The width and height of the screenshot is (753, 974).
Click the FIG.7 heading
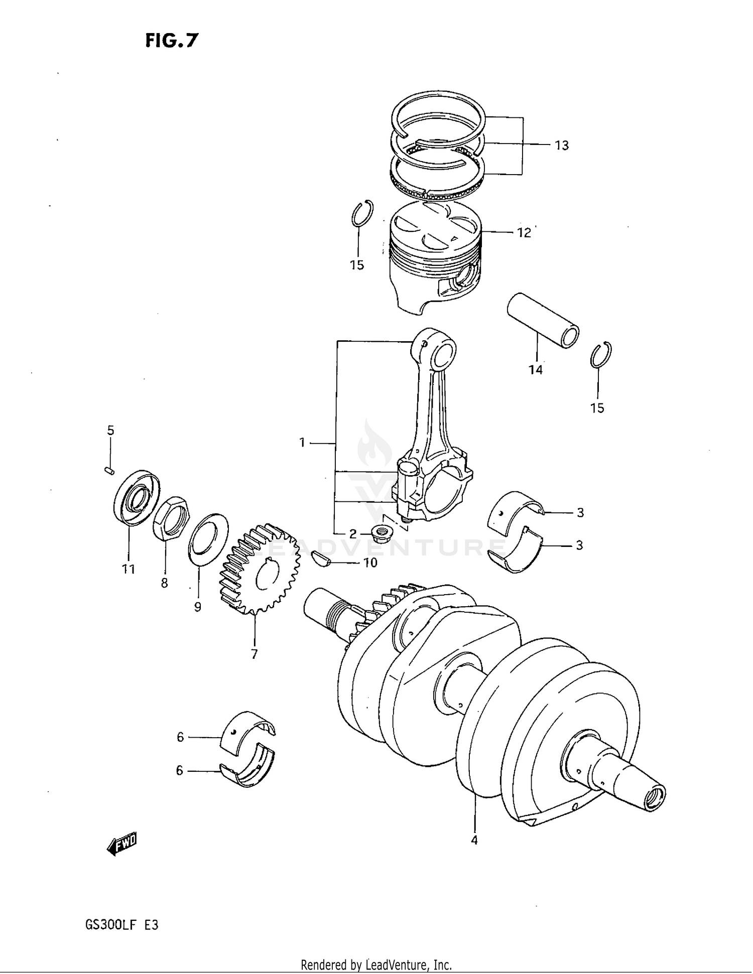coord(172,40)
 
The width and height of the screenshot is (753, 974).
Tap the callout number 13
coord(561,146)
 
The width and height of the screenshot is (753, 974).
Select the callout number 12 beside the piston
coord(524,233)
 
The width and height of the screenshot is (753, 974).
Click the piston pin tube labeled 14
coord(542,320)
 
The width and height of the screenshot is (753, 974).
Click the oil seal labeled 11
coord(136,497)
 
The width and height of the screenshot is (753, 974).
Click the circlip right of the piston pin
coord(600,354)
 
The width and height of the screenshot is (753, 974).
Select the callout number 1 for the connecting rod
coord(302,443)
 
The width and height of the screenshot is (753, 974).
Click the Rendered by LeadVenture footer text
coord(376,964)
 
